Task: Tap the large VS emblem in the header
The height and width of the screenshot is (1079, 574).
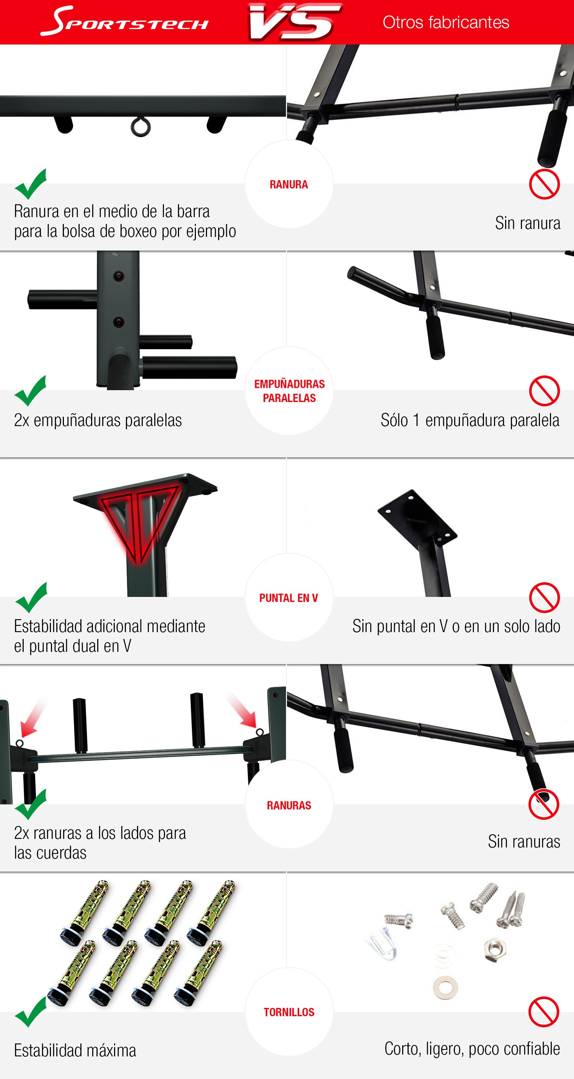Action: (295, 22)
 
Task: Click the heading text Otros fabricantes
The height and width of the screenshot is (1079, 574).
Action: (446, 22)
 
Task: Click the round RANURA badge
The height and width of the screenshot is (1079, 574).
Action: (289, 184)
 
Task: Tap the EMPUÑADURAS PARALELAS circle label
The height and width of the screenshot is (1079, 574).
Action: (289, 391)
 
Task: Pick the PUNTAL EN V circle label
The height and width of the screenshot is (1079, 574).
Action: (289, 598)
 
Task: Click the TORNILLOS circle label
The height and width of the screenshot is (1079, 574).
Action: (289, 1012)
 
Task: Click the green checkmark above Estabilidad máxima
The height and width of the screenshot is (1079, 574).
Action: (30, 1012)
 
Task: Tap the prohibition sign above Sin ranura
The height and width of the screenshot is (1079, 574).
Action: (544, 184)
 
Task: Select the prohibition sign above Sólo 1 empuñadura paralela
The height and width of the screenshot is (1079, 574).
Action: (544, 391)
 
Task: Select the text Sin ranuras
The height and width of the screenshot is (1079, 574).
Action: (524, 842)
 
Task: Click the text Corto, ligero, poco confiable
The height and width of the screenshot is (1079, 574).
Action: (472, 1049)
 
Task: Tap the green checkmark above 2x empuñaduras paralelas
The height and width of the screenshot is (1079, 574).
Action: (30, 391)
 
